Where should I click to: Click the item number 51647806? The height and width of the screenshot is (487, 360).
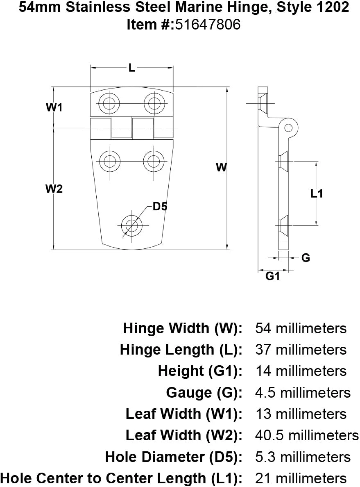click(x=208, y=25)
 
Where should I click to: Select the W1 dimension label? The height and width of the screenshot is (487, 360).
click(x=54, y=108)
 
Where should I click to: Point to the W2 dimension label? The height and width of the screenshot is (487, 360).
click(x=54, y=189)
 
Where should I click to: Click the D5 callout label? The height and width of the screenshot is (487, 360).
click(x=160, y=207)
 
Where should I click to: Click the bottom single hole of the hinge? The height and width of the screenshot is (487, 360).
click(x=131, y=225)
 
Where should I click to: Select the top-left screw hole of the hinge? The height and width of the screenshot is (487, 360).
click(x=109, y=103)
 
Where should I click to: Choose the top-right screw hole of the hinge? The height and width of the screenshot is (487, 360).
click(x=154, y=103)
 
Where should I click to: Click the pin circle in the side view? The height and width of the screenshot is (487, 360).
click(x=288, y=126)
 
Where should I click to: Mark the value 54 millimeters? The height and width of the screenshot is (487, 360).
click(x=301, y=328)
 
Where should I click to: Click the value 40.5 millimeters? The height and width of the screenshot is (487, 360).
click(x=306, y=435)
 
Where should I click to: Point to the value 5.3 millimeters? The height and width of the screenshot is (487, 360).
click(x=303, y=457)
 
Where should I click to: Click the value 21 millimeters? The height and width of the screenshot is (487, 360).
click(x=301, y=478)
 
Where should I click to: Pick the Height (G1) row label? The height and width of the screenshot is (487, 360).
click(x=200, y=371)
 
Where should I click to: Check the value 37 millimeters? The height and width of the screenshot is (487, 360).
click(x=301, y=350)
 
